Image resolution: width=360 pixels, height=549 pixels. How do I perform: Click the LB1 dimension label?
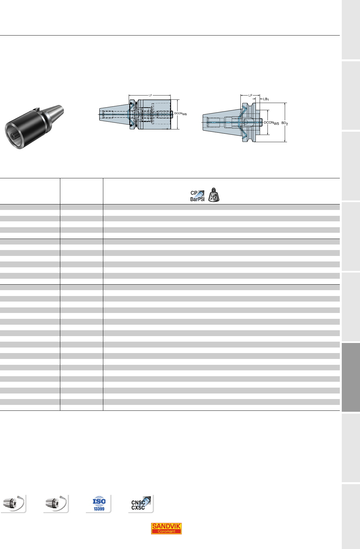point(266,99)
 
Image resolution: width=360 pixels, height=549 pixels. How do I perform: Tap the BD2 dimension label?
point(284,123)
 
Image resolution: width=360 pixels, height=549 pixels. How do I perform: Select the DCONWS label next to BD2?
point(271,123)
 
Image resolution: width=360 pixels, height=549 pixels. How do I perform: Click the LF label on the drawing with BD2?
point(250,95)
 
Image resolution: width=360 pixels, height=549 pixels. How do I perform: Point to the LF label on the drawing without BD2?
point(151,95)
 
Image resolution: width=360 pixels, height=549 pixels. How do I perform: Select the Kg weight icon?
point(214,195)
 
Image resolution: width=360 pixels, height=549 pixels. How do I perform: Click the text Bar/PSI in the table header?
point(197,199)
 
